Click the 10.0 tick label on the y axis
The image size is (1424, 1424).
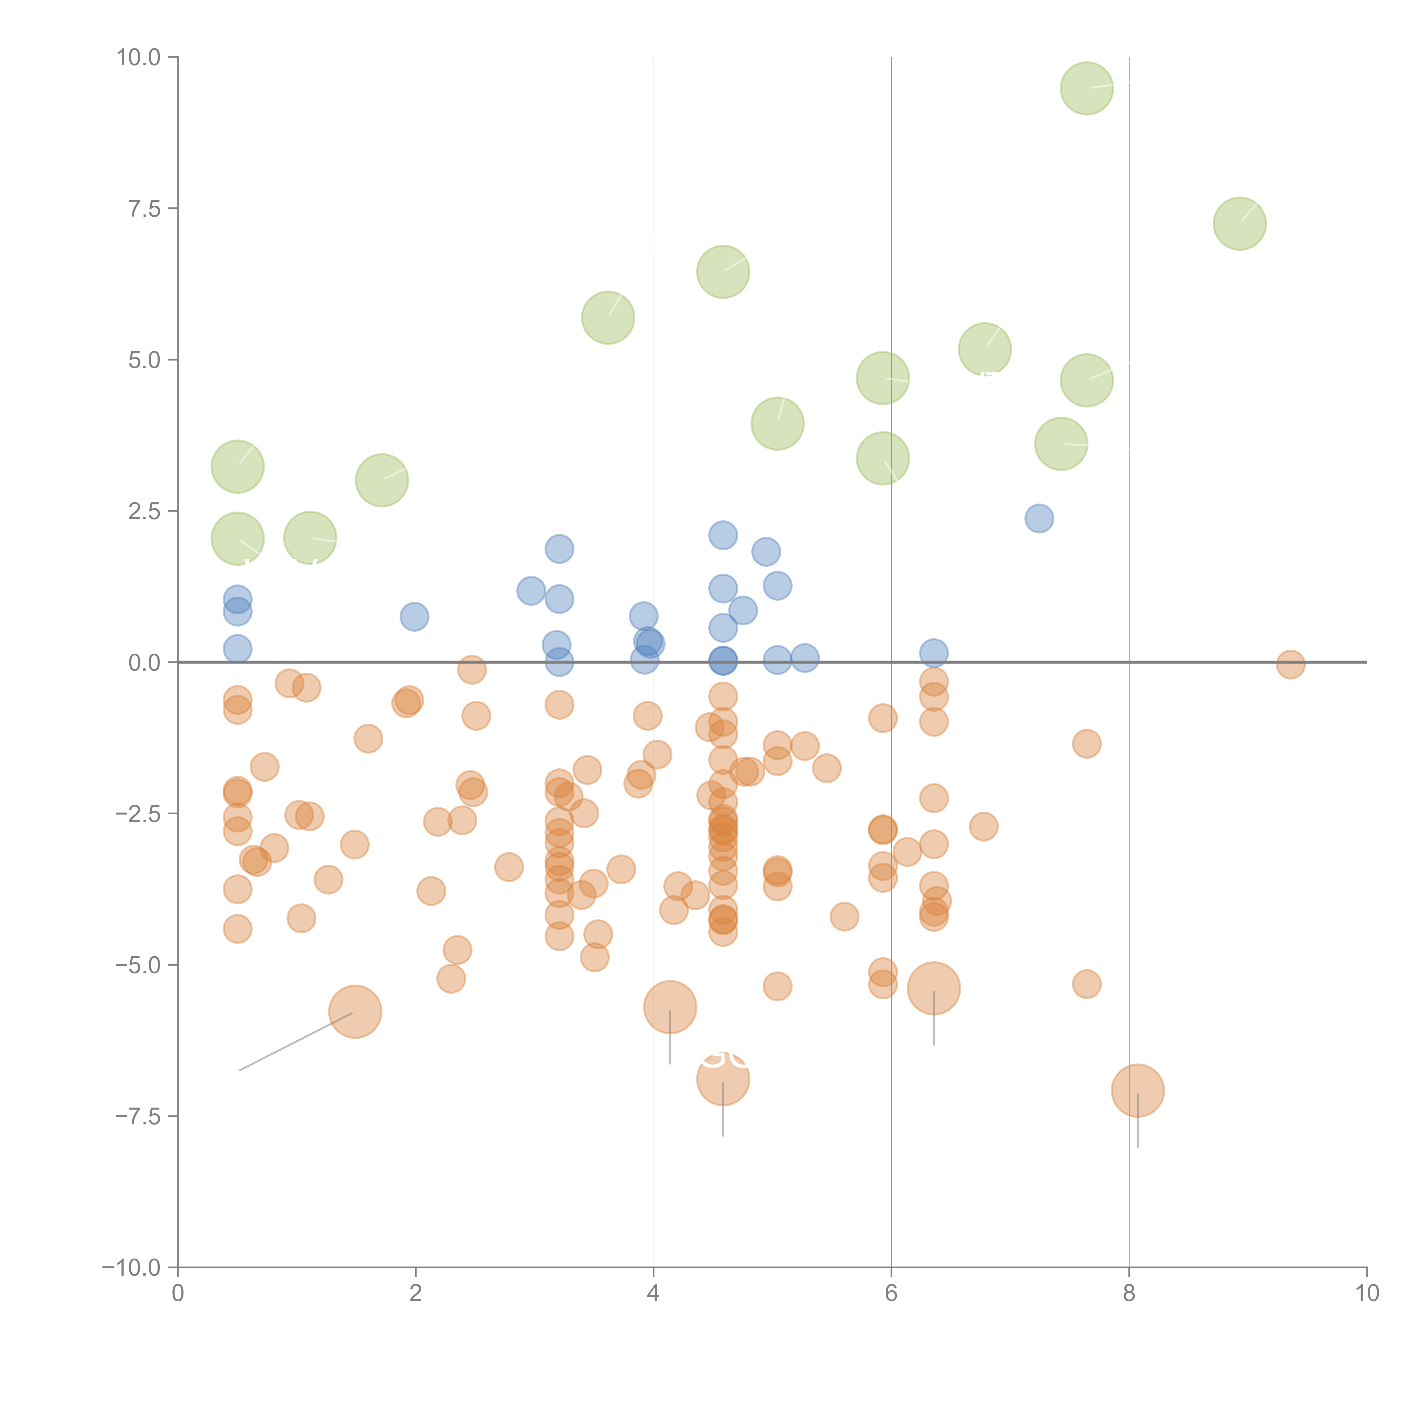[139, 58]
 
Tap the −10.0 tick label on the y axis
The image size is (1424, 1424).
[131, 1268]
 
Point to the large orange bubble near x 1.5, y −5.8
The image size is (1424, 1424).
[355, 1011]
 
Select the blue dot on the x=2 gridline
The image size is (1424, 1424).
[415, 616]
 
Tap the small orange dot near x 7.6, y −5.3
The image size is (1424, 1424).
[1087, 984]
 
